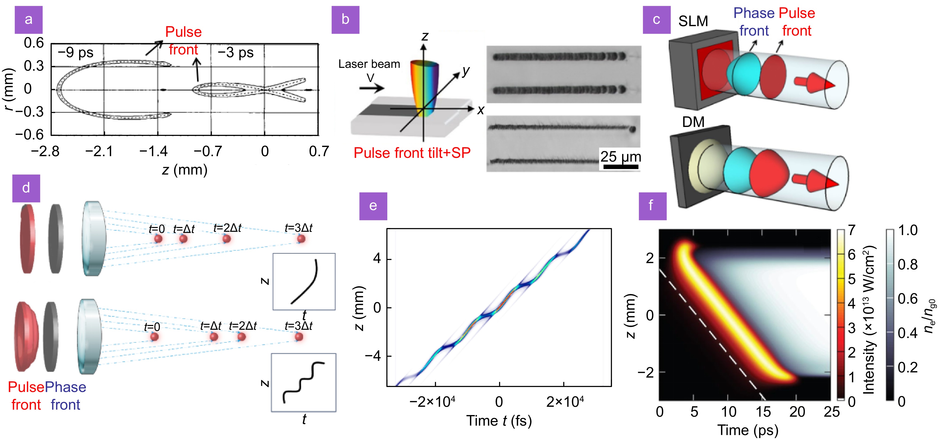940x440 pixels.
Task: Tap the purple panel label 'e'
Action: click(373, 206)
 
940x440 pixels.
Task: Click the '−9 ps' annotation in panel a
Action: click(76, 53)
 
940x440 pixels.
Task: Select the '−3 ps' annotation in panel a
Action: click(236, 53)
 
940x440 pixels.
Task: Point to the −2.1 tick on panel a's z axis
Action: click(99, 151)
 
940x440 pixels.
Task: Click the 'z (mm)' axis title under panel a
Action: click(185, 170)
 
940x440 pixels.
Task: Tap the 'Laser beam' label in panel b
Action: click(369, 64)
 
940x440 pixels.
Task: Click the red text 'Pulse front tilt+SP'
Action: click(412, 153)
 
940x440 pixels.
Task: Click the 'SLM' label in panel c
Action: click(693, 21)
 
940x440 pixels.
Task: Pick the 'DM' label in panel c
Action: click(693, 122)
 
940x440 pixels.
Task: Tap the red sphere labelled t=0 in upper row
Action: click(158, 239)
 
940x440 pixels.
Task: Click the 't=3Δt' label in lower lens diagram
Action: click(299, 326)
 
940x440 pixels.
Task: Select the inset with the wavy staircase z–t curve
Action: click(304, 382)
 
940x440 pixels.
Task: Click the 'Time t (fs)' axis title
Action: click(499, 421)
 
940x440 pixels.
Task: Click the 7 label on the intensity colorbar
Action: click(851, 230)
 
